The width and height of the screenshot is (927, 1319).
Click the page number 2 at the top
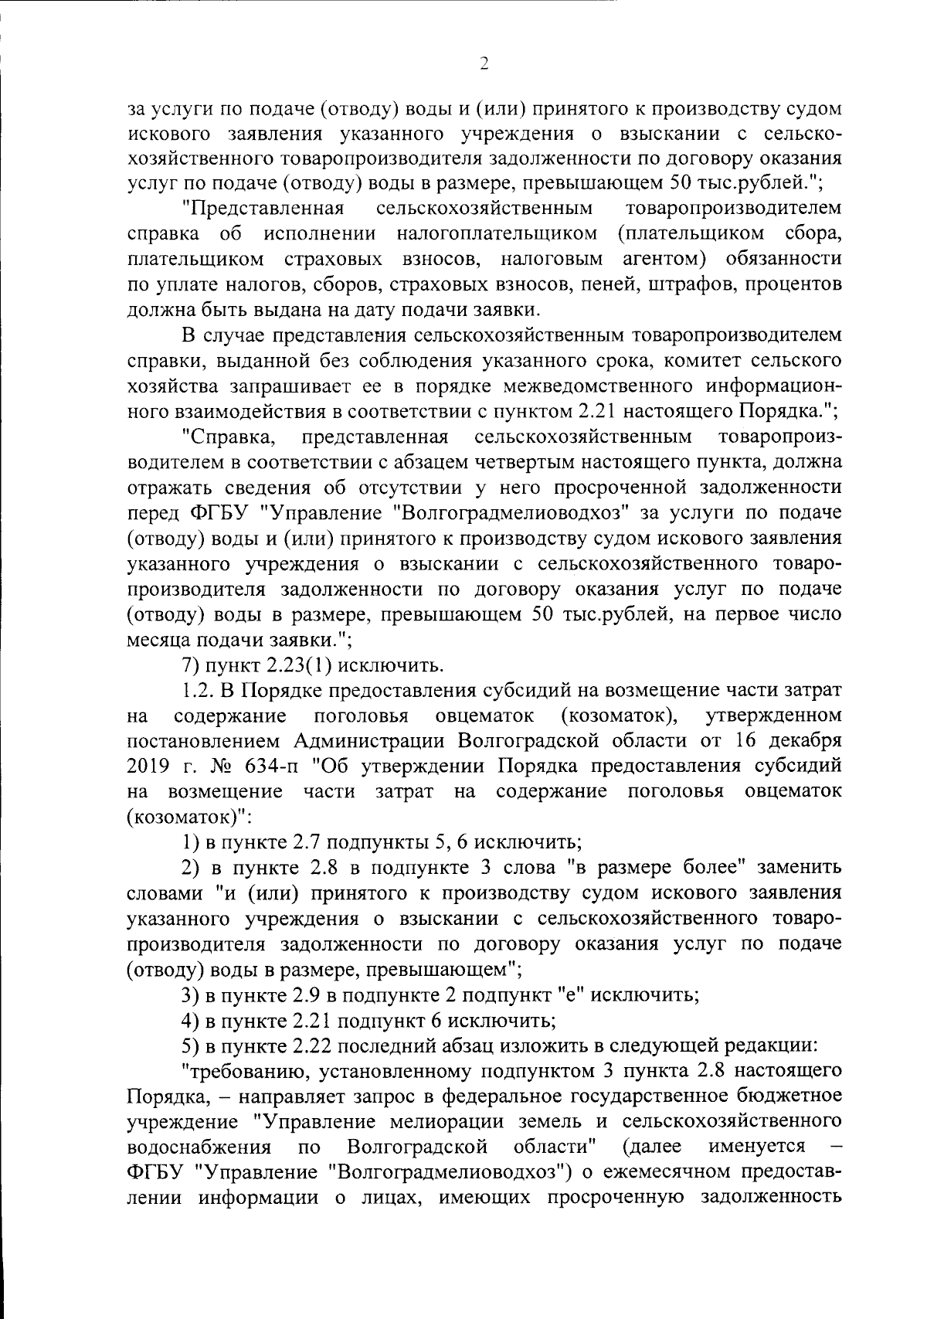pyautogui.click(x=484, y=65)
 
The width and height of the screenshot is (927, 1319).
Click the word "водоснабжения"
pyautogui.click(x=198, y=1146)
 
